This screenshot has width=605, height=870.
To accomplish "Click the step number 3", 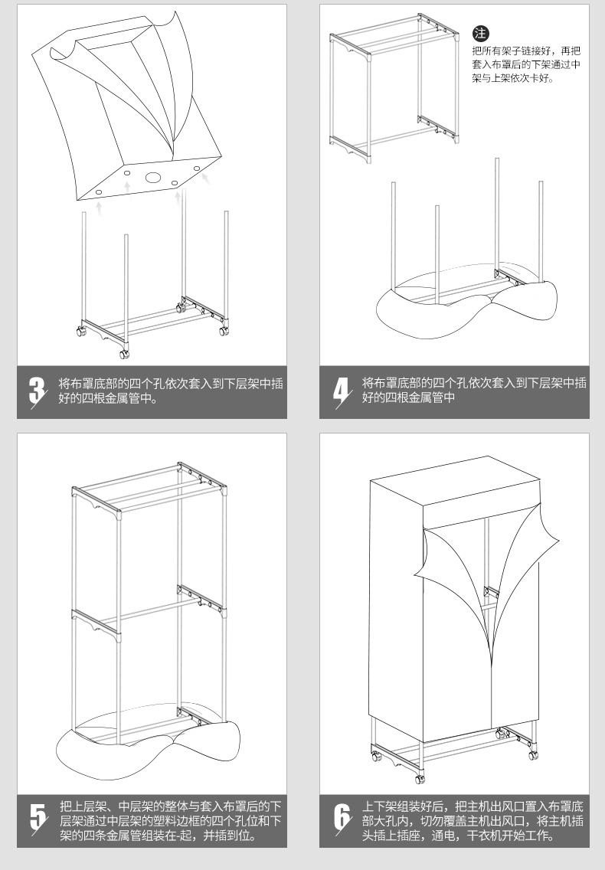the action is point(38,391).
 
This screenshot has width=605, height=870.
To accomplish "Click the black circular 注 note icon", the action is point(480,33).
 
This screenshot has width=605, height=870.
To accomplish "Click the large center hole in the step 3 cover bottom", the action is point(152,178).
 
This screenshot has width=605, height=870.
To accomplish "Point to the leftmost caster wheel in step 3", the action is point(81,332).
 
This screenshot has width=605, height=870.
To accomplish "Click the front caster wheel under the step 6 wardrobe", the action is point(420,778).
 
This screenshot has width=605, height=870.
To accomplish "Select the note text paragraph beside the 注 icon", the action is point(526,64).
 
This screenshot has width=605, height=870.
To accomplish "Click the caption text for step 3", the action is point(171,391).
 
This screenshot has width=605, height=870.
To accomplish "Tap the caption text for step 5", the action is point(171,820).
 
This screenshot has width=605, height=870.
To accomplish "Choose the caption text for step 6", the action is point(473,820).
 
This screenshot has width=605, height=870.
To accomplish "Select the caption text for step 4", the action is point(474,391).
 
